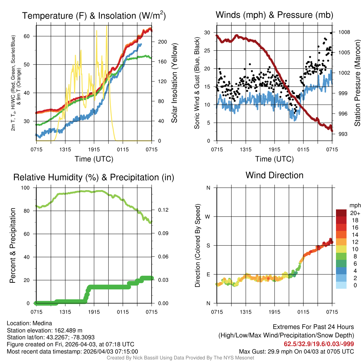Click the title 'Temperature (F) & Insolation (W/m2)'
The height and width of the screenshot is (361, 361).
[94, 16]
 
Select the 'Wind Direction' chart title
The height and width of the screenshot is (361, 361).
[274, 175]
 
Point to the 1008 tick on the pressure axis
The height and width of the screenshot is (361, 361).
[343, 32]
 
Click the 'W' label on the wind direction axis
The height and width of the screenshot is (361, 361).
[208, 216]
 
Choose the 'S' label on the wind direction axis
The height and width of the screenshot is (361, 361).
[208, 245]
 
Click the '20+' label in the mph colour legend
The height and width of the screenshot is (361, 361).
[355, 213]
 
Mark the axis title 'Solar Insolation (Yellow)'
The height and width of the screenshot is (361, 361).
[174, 83]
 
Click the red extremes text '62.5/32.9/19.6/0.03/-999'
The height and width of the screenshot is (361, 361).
[319, 344]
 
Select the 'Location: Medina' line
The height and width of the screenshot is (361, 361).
[29, 323]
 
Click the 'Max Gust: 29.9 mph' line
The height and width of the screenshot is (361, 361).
[296, 351]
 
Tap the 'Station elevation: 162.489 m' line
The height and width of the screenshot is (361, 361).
[44, 330]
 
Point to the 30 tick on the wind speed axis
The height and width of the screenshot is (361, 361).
[207, 32]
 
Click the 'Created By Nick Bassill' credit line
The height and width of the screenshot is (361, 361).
[180, 358]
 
